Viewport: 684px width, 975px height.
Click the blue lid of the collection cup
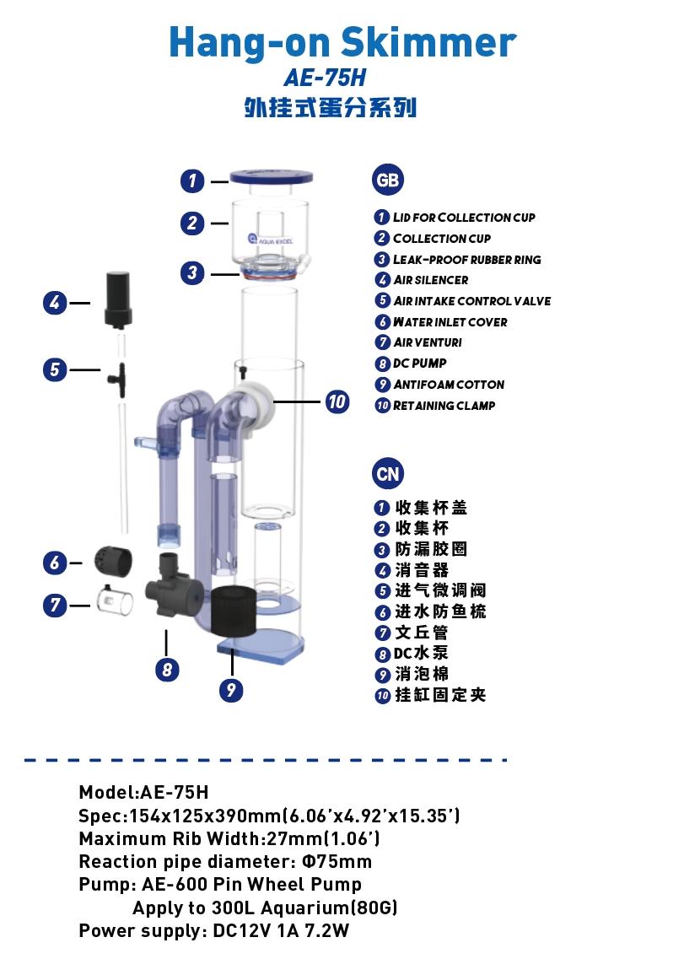(272, 177)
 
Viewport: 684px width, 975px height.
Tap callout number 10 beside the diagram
(337, 401)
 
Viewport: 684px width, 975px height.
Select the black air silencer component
(117, 299)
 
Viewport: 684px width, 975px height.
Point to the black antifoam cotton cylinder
(231, 612)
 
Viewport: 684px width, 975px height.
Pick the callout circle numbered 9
(230, 690)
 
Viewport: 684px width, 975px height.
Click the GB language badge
(388, 180)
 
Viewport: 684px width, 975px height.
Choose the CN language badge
(388, 474)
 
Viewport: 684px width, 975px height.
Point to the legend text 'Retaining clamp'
(444, 406)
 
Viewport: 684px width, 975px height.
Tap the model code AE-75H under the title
(325, 78)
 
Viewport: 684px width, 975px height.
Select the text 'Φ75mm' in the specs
(337, 862)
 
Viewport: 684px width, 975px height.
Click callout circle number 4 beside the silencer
(56, 302)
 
